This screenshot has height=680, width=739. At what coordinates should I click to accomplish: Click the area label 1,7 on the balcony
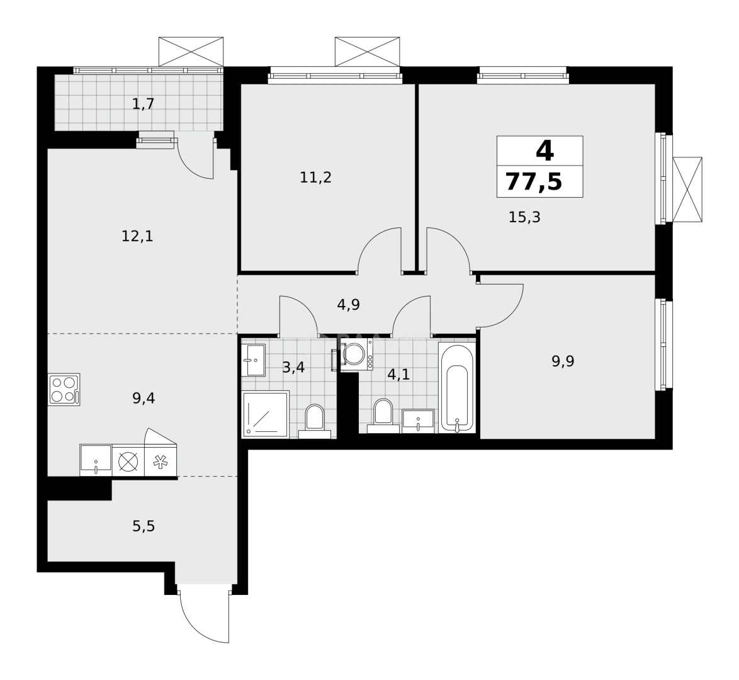pos(144,104)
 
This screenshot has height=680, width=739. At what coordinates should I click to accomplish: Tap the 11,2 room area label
pos(315,178)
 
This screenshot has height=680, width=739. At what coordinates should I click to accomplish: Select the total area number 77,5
pos(534,183)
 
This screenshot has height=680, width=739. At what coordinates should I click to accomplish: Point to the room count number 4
pos(544,151)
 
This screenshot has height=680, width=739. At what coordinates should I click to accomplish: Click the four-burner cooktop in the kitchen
pos(64,389)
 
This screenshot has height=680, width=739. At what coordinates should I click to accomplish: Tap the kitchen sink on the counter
pos(96,460)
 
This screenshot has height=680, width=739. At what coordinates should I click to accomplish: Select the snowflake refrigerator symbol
pos(161,461)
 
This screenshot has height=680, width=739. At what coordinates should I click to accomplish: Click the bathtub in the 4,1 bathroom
pos(457,388)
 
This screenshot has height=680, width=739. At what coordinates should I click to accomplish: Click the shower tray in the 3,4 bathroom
pos(265,414)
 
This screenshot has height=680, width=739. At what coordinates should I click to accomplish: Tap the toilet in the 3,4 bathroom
pos(314,419)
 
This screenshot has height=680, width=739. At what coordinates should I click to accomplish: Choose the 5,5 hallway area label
pos(144,526)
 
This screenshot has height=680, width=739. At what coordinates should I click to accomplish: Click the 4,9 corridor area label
pos(348,306)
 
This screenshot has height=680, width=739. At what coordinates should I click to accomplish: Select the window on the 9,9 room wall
pos(665,344)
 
